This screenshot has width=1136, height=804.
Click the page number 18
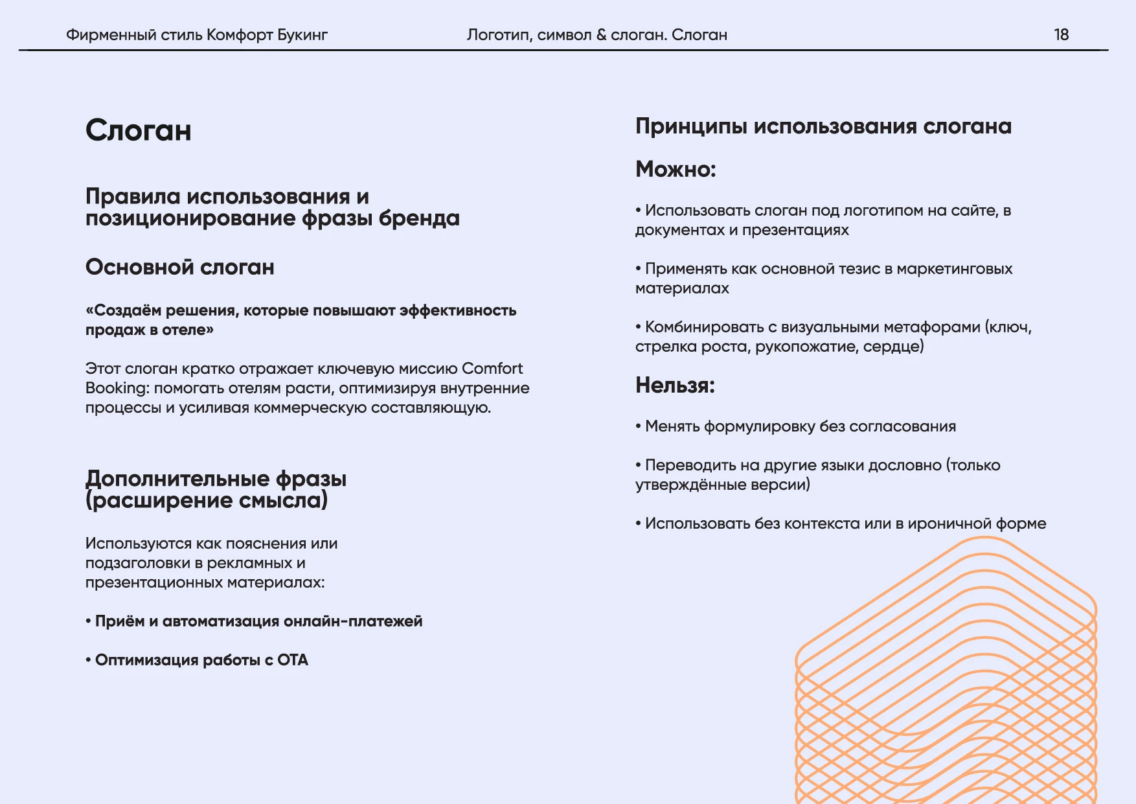coord(1061,35)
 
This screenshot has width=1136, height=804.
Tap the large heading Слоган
coord(139,131)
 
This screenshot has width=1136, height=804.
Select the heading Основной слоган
coord(180,267)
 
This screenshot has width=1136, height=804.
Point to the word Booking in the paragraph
coord(117,388)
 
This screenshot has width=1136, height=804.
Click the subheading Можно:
coord(676,169)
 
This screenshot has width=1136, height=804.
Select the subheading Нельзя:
coord(675,385)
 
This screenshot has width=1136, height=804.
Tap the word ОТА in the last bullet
coord(293,660)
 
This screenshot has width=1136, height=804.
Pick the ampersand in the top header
coord(601,35)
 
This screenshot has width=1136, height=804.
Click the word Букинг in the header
coord(302,35)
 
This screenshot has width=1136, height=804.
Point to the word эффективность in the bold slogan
coord(458,311)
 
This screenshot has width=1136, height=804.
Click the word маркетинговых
coord(954,269)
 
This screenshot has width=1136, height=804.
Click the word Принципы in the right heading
coord(691,126)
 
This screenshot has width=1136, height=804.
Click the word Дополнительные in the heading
coord(177,479)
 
